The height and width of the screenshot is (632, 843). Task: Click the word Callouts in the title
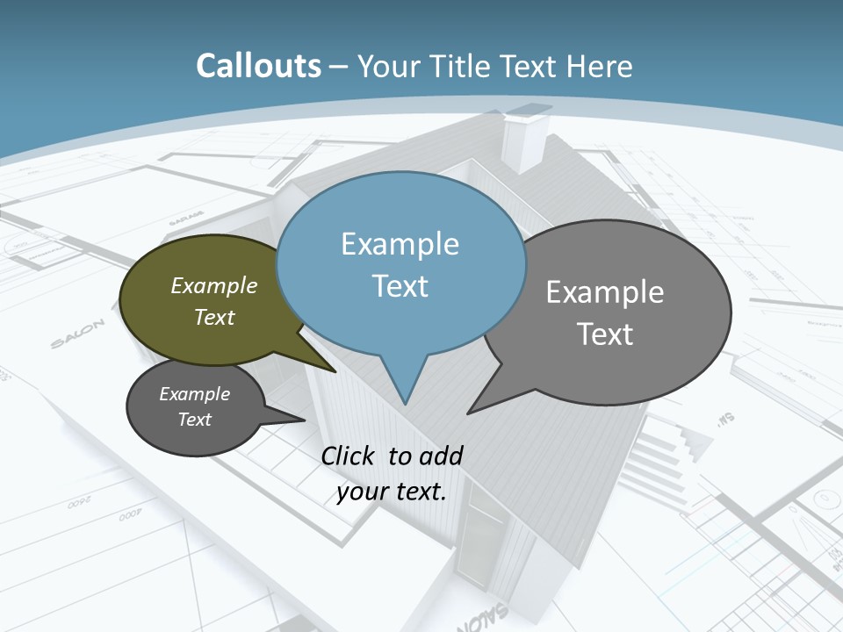tap(258, 66)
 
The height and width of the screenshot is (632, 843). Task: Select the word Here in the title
tap(600, 66)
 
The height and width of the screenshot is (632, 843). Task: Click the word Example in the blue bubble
tap(400, 244)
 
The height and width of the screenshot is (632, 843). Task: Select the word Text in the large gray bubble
tap(605, 334)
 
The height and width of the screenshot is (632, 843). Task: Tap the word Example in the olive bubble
tap(214, 285)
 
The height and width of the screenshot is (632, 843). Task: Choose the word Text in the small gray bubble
tap(195, 420)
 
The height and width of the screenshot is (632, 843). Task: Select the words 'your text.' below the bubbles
tap(392, 492)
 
